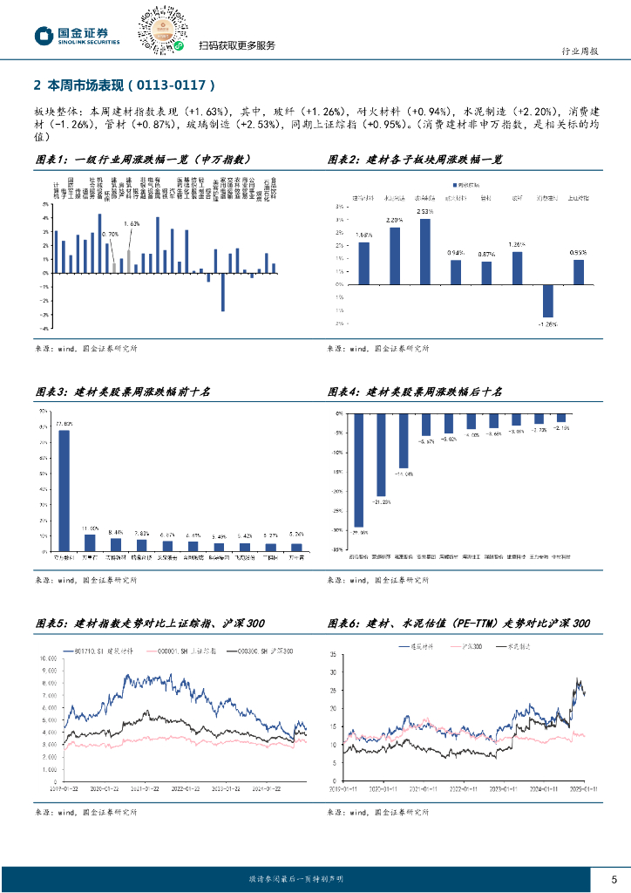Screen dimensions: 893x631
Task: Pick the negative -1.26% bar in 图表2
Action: [547, 301]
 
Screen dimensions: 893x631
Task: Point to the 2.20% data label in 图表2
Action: [394, 221]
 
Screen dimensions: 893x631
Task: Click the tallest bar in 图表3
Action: [64, 490]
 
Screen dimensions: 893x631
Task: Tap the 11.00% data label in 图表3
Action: [91, 528]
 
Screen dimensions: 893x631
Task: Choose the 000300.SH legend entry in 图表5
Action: [264, 652]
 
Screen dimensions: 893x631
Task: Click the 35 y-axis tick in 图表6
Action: [336, 654]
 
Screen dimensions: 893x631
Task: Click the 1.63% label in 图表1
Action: [132, 224]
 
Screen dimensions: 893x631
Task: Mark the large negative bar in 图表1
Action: [223, 292]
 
